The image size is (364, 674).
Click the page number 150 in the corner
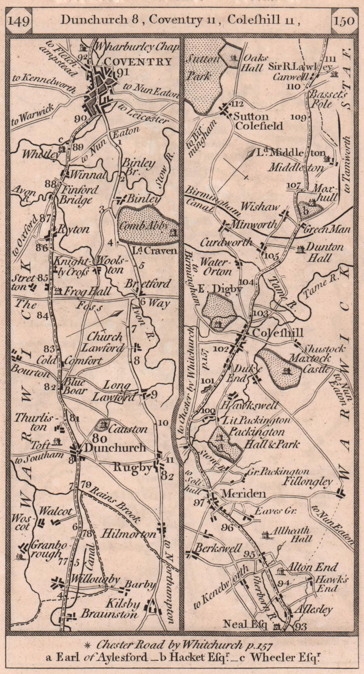344,20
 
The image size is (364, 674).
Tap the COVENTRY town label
138,62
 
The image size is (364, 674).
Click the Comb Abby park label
143,226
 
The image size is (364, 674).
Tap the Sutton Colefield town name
252,121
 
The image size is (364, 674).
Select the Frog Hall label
87,291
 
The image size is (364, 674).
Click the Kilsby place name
124,604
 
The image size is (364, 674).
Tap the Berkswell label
218,549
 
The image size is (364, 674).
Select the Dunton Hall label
324,252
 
